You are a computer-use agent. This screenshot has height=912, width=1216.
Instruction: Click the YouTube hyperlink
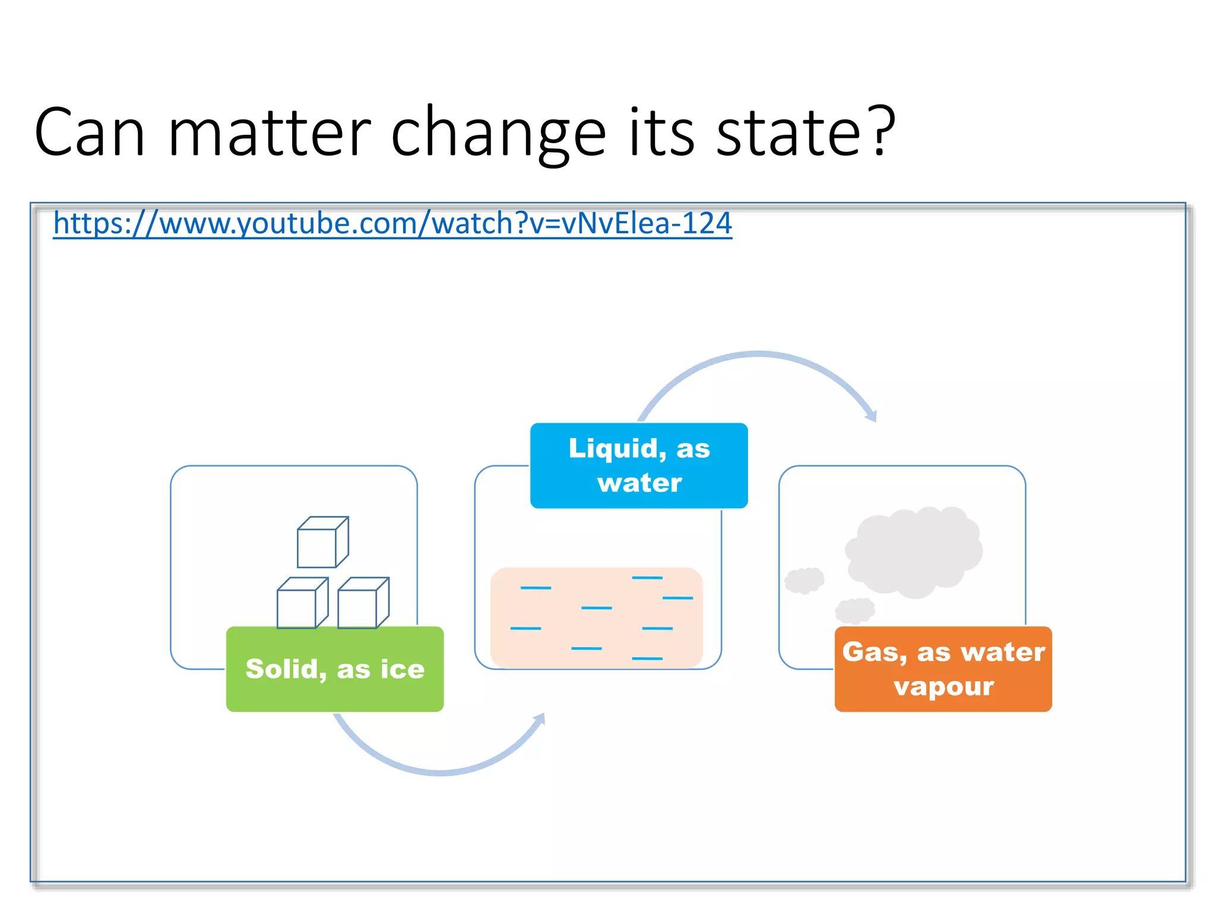[x=392, y=224]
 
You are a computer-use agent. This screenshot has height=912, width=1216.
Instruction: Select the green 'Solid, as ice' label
[x=335, y=669]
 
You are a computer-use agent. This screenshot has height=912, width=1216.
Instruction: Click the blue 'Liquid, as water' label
[x=639, y=465]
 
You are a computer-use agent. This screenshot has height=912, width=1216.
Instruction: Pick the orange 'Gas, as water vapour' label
[x=943, y=669]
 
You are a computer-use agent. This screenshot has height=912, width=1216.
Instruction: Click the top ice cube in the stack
[x=322, y=543]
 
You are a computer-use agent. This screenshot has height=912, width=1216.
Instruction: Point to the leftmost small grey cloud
[x=804, y=580]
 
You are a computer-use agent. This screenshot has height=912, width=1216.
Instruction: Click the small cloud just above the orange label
[x=855, y=610]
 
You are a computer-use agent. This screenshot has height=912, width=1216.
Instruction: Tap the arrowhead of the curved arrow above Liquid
[x=872, y=416]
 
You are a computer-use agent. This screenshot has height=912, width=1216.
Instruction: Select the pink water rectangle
[x=596, y=617]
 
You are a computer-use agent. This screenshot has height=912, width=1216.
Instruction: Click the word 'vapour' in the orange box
[x=943, y=687]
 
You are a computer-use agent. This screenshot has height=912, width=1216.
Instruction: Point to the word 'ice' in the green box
[x=402, y=669]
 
